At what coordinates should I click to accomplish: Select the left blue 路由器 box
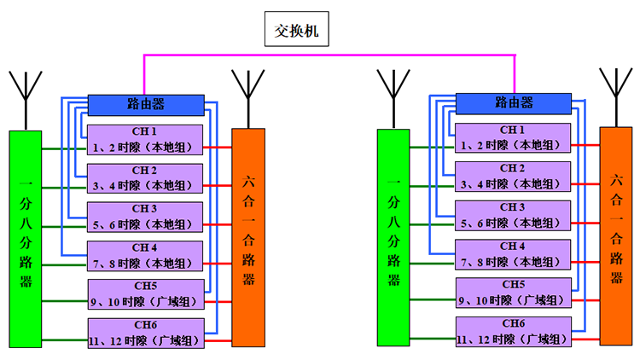146,104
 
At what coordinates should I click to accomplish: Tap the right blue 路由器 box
514,102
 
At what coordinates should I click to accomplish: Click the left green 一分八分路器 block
26,239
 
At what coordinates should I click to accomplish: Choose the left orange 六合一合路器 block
248,237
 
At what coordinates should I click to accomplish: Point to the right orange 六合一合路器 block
616,235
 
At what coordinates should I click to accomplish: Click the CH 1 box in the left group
145,140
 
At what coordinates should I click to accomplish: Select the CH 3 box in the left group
145,217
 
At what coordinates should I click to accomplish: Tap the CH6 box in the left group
145,333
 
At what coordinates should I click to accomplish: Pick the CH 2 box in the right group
513,177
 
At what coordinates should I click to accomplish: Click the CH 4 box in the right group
513,254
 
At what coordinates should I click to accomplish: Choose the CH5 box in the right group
513,293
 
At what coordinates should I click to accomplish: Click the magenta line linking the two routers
329,56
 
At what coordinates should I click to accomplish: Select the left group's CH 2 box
145,178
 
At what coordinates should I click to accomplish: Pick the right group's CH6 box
513,331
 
